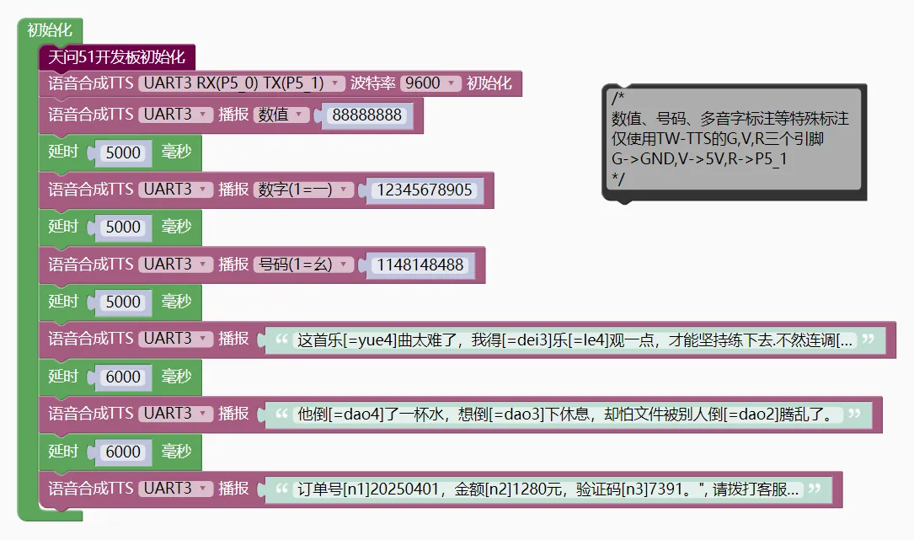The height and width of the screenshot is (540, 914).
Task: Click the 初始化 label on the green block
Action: (x=50, y=30)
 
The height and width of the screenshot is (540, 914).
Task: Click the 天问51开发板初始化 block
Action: (x=116, y=57)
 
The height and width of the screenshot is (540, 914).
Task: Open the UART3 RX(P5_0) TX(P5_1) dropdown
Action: (x=243, y=83)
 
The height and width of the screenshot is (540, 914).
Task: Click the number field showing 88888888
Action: (x=366, y=115)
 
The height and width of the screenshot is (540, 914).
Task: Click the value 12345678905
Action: (x=425, y=190)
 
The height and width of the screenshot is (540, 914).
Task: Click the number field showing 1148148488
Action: (x=420, y=265)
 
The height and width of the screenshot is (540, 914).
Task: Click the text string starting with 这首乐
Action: (x=575, y=340)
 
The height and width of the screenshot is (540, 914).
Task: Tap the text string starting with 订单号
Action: (x=548, y=489)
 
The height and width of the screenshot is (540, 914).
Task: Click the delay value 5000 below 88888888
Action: (x=124, y=153)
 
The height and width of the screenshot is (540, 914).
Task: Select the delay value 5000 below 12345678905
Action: (x=124, y=227)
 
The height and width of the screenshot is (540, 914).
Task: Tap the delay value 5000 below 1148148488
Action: (x=124, y=302)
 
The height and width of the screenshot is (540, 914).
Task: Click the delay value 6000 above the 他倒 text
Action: (x=124, y=377)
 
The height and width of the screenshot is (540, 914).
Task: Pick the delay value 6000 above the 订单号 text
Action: (x=124, y=452)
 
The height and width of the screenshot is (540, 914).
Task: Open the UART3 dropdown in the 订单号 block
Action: (x=175, y=489)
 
